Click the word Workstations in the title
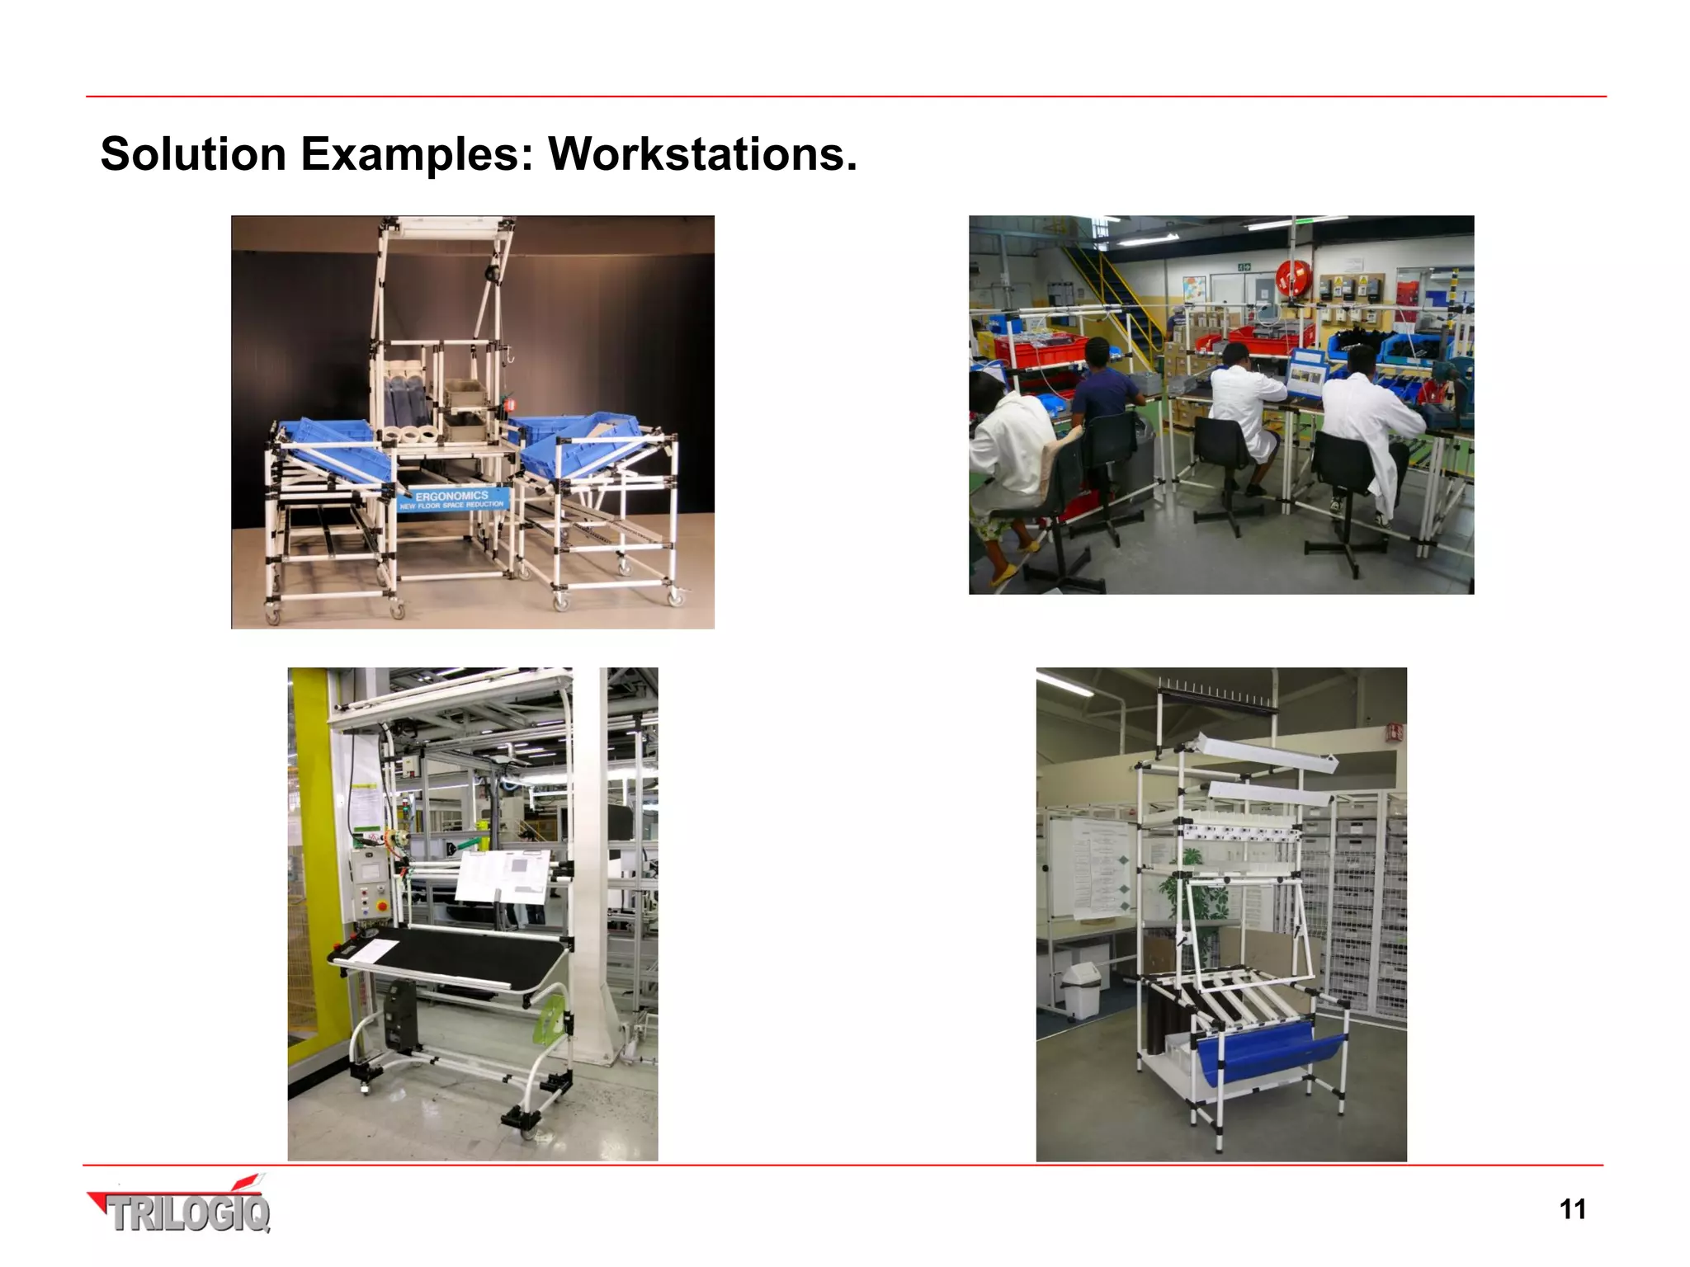702,154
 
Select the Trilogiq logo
180,1209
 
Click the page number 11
1572,1209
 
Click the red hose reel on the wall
1288,276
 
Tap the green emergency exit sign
1244,266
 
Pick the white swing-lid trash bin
1082,989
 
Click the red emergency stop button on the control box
380,905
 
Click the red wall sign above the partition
1395,732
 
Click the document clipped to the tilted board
503,877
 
